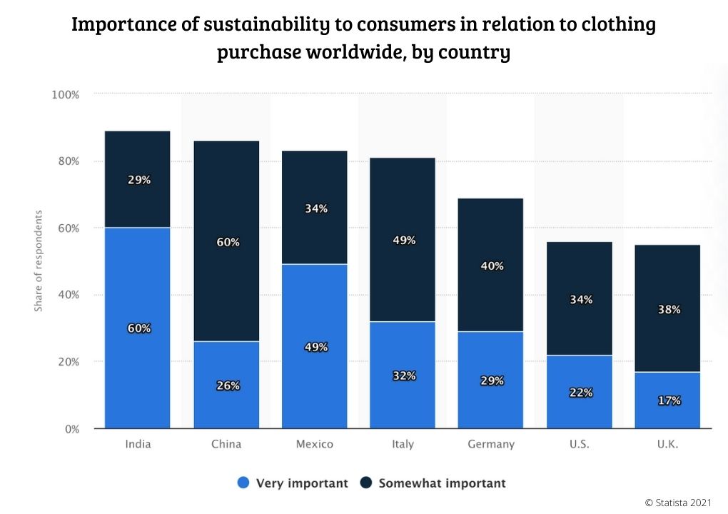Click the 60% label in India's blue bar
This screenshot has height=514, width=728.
pyautogui.click(x=138, y=328)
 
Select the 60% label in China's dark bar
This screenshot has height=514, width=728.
pyautogui.click(x=228, y=242)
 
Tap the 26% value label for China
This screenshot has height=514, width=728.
pyautogui.click(x=228, y=385)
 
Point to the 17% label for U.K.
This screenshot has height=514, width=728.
pyautogui.click(x=669, y=400)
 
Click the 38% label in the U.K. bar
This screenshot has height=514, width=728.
pyautogui.click(x=669, y=310)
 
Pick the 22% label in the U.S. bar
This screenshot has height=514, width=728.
pyautogui.click(x=580, y=393)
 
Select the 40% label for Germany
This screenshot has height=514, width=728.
pyautogui.click(x=492, y=266)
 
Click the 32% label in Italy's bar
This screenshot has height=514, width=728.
pyautogui.click(x=403, y=376)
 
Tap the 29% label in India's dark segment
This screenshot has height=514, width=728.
pyautogui.click(x=138, y=180)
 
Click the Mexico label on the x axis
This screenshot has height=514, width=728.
pyautogui.click(x=315, y=444)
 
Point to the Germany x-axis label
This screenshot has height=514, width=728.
pyautogui.click(x=491, y=444)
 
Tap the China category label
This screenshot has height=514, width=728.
pyautogui.click(x=226, y=444)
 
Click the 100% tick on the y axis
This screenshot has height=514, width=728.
pyautogui.click(x=64, y=94)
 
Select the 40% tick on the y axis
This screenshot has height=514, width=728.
pyautogui.click(x=67, y=295)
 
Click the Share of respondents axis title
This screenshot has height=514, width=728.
pyautogui.click(x=39, y=261)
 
